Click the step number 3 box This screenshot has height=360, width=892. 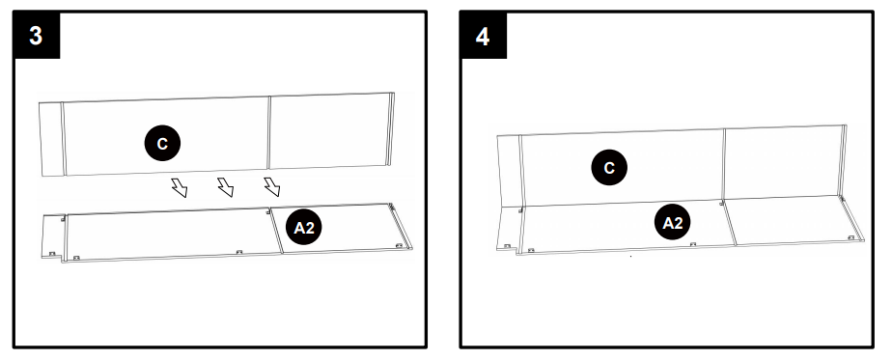click(x=38, y=36)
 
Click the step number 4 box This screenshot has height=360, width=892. click(x=484, y=36)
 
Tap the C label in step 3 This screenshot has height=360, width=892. click(x=162, y=143)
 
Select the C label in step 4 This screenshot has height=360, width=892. click(x=608, y=168)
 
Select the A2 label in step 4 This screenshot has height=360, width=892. click(x=673, y=223)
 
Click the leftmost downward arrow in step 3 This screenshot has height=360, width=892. click(x=180, y=185)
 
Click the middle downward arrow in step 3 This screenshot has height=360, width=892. click(x=226, y=186)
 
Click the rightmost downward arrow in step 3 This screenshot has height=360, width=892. click(x=272, y=185)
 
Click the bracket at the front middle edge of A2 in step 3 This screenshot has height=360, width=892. click(x=237, y=253)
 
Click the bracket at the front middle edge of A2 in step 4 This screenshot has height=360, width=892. click(x=692, y=245)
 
